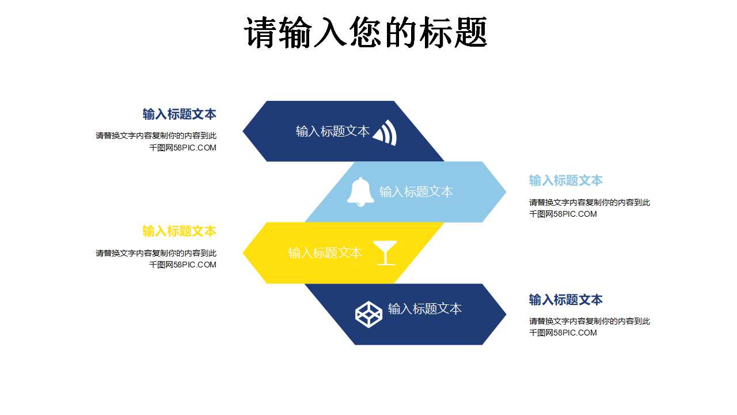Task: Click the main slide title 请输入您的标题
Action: (366, 32)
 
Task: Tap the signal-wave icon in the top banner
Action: (385, 133)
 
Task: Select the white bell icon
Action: (360, 191)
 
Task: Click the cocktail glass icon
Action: (385, 252)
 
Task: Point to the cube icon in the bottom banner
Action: (368, 314)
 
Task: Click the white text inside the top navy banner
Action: (332, 131)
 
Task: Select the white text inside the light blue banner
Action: (416, 192)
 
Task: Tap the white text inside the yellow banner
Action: (325, 253)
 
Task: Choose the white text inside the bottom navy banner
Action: (424, 309)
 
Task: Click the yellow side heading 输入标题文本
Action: (179, 231)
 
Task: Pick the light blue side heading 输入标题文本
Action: (565, 180)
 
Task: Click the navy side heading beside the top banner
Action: (179, 114)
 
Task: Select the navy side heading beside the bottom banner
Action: (565, 300)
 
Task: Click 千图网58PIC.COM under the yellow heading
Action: (183, 265)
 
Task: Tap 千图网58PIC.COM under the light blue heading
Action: (563, 214)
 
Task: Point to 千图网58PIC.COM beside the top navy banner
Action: (183, 148)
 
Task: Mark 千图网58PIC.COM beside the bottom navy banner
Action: (563, 333)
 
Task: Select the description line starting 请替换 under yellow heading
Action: (156, 253)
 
